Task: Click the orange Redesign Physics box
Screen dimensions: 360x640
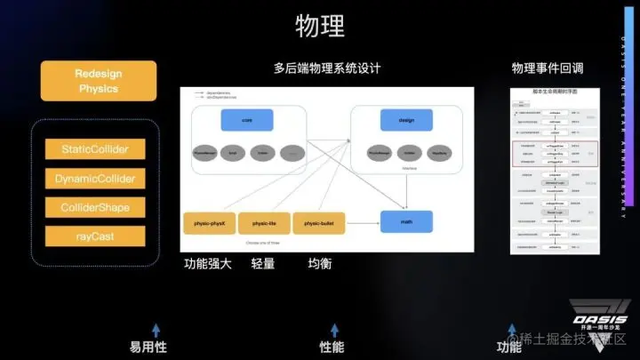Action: (98, 81)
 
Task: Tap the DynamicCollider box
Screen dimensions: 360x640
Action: (96, 179)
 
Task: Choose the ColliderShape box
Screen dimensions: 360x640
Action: (96, 208)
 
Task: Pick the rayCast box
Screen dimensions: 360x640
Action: (96, 236)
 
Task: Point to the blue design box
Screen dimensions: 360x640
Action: (407, 120)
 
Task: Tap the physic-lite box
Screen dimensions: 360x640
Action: (265, 223)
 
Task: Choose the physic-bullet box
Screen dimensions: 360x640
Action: (319, 223)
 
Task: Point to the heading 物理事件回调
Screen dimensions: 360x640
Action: (548, 68)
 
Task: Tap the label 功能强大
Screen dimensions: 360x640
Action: (208, 264)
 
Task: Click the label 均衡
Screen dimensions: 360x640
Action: (320, 264)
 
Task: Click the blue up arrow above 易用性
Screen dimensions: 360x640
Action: (156, 329)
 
